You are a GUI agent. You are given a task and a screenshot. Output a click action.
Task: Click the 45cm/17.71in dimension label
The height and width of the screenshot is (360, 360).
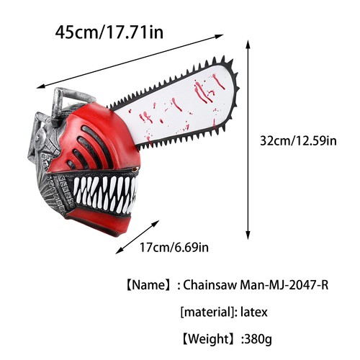[109, 32]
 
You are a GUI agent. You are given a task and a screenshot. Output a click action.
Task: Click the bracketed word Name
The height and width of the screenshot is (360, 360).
[150, 285]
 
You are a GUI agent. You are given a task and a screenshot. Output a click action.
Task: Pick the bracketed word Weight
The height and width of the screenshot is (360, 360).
[209, 338]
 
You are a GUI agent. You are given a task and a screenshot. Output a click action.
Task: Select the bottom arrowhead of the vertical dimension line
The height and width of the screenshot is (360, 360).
[248, 238]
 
